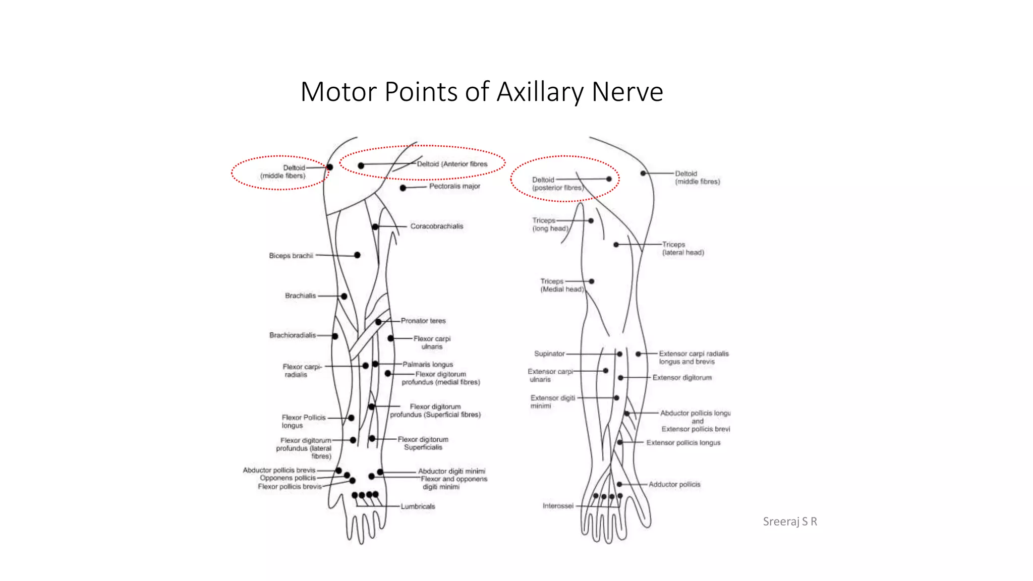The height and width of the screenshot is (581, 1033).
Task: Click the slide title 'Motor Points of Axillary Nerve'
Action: click(x=482, y=92)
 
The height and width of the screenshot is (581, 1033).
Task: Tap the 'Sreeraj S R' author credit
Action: click(x=789, y=521)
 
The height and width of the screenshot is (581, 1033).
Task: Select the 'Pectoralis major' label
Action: click(x=454, y=186)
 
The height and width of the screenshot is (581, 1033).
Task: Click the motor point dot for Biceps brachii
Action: click(x=357, y=255)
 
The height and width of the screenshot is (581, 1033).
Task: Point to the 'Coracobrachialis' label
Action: click(x=436, y=226)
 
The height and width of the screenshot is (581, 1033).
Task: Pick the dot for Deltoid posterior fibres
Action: click(x=609, y=179)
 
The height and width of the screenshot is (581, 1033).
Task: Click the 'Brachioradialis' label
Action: click(x=293, y=335)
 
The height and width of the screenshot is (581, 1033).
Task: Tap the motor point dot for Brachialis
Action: click(x=344, y=296)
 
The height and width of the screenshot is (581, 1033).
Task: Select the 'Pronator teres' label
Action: click(x=423, y=321)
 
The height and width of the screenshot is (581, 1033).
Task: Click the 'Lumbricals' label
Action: click(x=418, y=506)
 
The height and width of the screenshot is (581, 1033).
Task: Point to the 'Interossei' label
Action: click(x=558, y=505)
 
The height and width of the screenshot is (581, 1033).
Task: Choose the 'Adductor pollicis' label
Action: click(x=674, y=484)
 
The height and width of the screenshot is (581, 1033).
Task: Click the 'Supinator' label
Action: click(x=549, y=354)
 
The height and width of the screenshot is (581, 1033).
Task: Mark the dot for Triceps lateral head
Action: click(x=616, y=245)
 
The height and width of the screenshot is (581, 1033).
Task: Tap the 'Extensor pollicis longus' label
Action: click(x=683, y=442)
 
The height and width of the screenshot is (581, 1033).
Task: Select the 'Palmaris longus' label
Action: click(x=428, y=364)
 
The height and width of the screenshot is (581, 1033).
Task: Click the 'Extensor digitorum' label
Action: click(x=682, y=377)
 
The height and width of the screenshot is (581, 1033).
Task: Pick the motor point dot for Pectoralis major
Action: click(x=403, y=188)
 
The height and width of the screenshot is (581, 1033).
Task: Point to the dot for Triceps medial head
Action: click(x=592, y=281)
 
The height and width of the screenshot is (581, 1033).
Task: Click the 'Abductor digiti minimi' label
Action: click(x=451, y=471)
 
